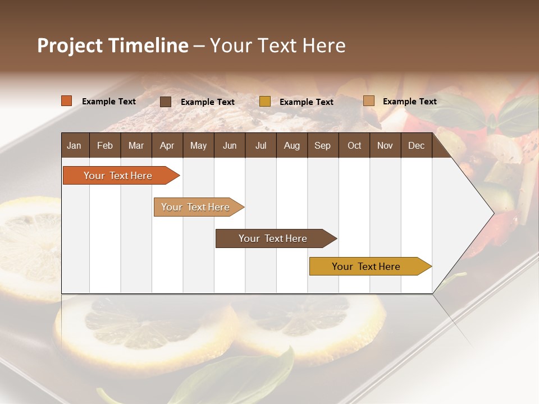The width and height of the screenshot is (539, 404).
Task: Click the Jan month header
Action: [75, 145]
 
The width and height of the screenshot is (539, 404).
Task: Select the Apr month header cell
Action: [167, 145]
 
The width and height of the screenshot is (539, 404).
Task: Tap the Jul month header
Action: [261, 145]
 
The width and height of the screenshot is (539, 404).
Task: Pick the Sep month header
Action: [322, 145]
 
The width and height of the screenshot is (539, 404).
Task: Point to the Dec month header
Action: [416, 145]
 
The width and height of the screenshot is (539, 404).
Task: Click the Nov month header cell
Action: [385, 145]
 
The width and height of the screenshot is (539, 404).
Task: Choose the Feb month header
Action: [105, 145]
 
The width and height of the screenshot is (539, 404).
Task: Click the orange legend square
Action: [67, 101]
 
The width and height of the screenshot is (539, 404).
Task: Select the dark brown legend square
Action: [166, 102]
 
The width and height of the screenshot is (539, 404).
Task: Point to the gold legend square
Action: [265, 102]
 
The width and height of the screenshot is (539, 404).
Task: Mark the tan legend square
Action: [369, 101]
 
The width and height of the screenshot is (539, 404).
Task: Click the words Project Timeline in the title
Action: [112, 45]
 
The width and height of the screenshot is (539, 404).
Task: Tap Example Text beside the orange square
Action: [109, 102]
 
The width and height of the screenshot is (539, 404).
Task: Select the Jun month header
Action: [230, 145]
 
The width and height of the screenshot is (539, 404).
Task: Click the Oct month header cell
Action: [354, 145]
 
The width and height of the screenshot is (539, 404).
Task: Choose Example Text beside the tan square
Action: [409, 102]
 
